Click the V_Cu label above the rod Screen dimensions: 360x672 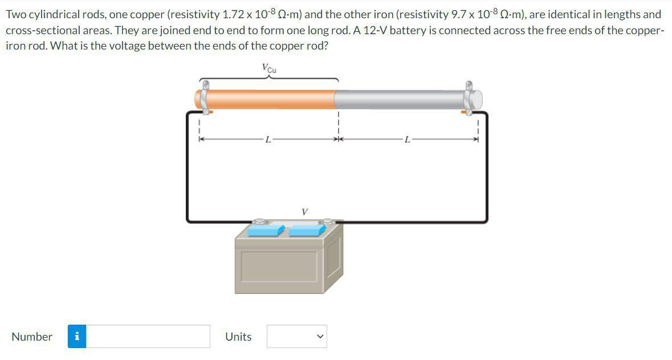(x=269, y=68)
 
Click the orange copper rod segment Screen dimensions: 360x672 (x=268, y=99)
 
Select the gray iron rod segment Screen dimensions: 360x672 (x=399, y=99)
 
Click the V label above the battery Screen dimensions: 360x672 (x=304, y=212)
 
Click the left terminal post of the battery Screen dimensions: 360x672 (x=259, y=221)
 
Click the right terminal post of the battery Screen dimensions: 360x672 (x=327, y=221)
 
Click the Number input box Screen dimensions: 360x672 (x=148, y=337)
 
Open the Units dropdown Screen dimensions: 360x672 (x=296, y=337)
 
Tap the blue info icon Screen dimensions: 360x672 (x=77, y=337)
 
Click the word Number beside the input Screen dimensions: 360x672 (x=32, y=337)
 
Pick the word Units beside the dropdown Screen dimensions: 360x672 (x=238, y=337)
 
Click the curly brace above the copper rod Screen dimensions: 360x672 (x=269, y=79)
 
